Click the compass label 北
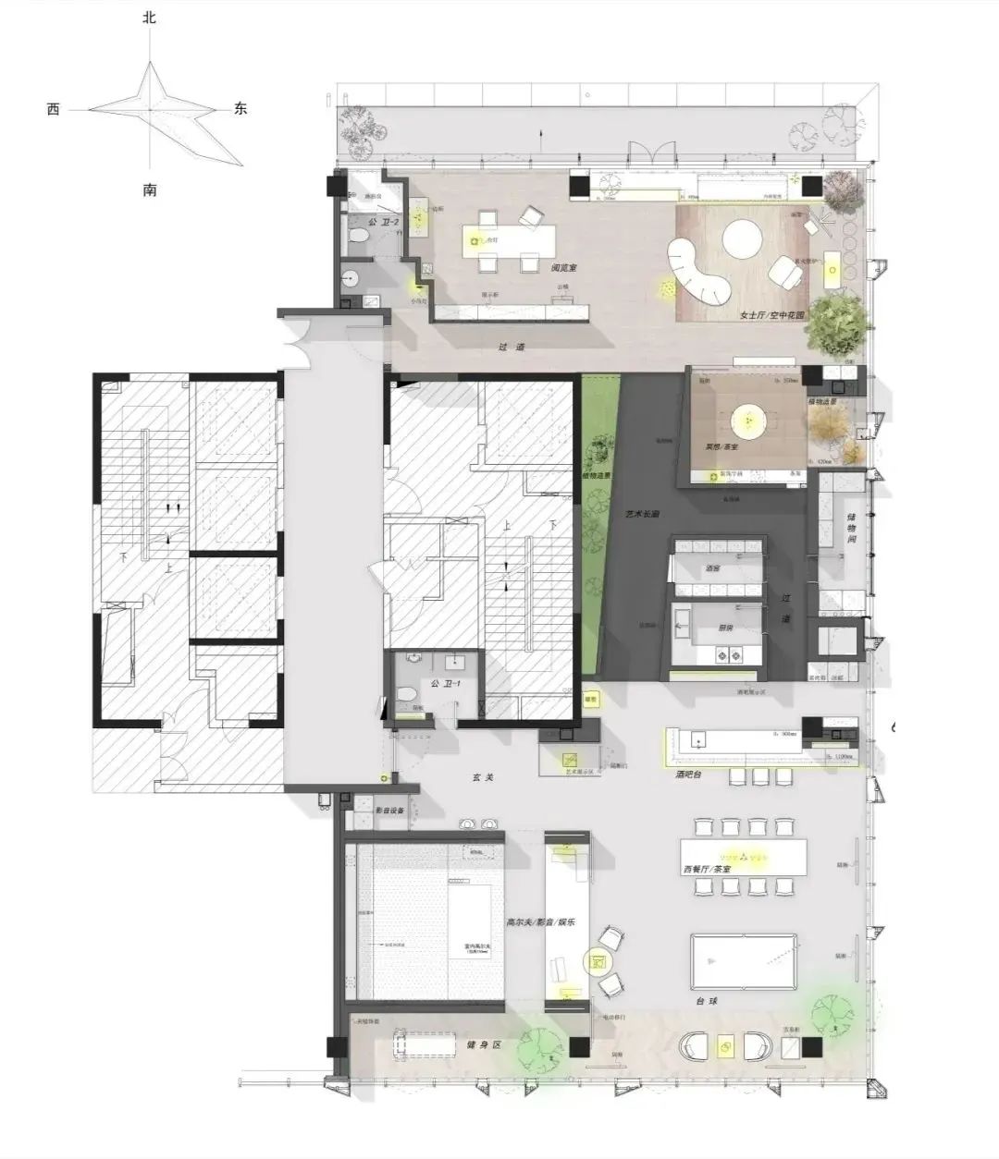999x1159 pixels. [150, 18]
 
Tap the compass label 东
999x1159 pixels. [240, 108]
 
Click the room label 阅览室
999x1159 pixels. [564, 268]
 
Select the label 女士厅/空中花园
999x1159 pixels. [771, 315]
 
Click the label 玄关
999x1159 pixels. [481, 777]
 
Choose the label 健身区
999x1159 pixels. [483, 1044]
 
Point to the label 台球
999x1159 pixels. [707, 1001]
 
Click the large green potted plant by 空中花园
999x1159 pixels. [840, 323]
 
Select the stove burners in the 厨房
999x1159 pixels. [729, 656]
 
